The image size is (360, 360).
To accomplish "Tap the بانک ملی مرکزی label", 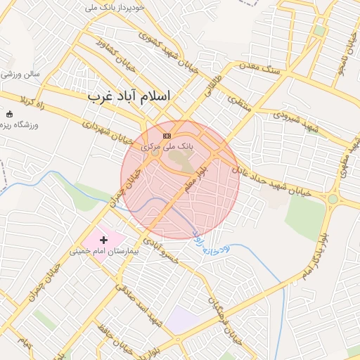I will click(167, 146).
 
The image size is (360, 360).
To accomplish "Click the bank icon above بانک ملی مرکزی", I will click(167, 136).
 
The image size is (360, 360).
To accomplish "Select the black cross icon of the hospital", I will click(104, 240).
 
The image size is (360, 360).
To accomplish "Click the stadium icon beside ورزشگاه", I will click(9, 114).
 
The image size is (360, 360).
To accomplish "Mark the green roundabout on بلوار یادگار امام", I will click(332, 200).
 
